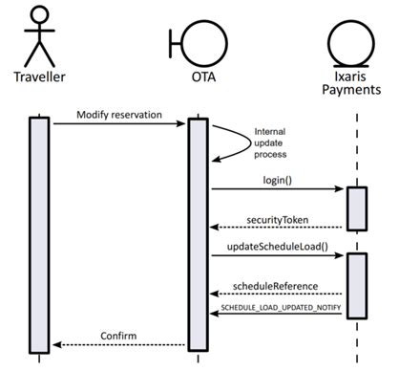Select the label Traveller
(38, 76)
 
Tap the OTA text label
(198, 76)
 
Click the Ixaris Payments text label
(353, 84)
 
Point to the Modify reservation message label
(120, 115)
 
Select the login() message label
(278, 179)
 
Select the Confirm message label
(120, 336)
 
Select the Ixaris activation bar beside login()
(354, 208)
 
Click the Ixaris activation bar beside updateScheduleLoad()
(354, 284)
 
